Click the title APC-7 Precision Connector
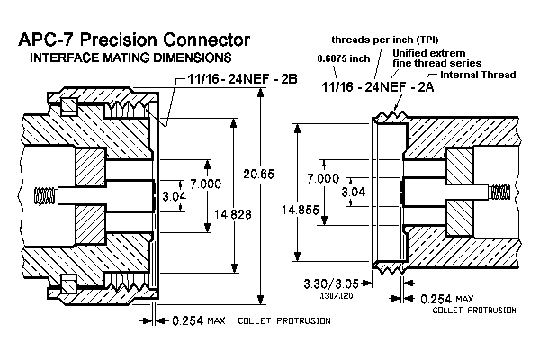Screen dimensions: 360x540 [x=129, y=41]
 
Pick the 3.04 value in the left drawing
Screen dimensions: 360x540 [x=174, y=194]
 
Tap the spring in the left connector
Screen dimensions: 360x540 [x=42, y=195]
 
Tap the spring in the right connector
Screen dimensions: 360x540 [x=501, y=191]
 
